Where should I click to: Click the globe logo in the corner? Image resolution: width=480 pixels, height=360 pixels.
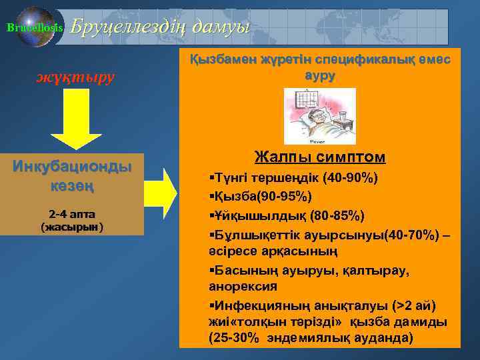point(39,27)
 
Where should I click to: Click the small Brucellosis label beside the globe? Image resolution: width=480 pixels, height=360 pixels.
point(24,27)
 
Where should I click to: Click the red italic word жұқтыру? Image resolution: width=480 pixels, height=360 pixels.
point(75,77)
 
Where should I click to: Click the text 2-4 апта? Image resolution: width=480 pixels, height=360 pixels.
point(72,214)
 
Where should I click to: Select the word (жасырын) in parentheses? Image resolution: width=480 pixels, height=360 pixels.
point(72,227)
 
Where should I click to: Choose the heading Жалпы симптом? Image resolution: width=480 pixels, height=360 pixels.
point(320,157)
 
